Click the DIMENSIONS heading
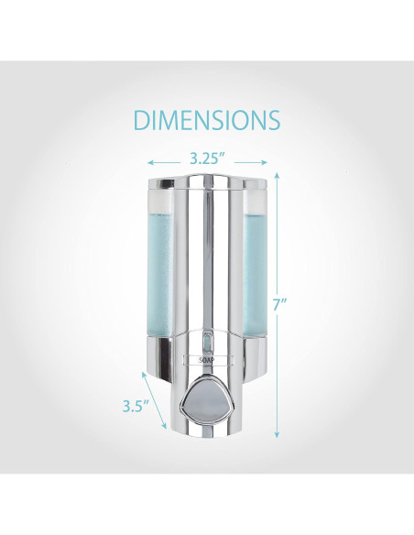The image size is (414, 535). (x=207, y=120)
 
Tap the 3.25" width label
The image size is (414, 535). (x=207, y=158)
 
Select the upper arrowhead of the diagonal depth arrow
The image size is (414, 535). (x=145, y=374)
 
